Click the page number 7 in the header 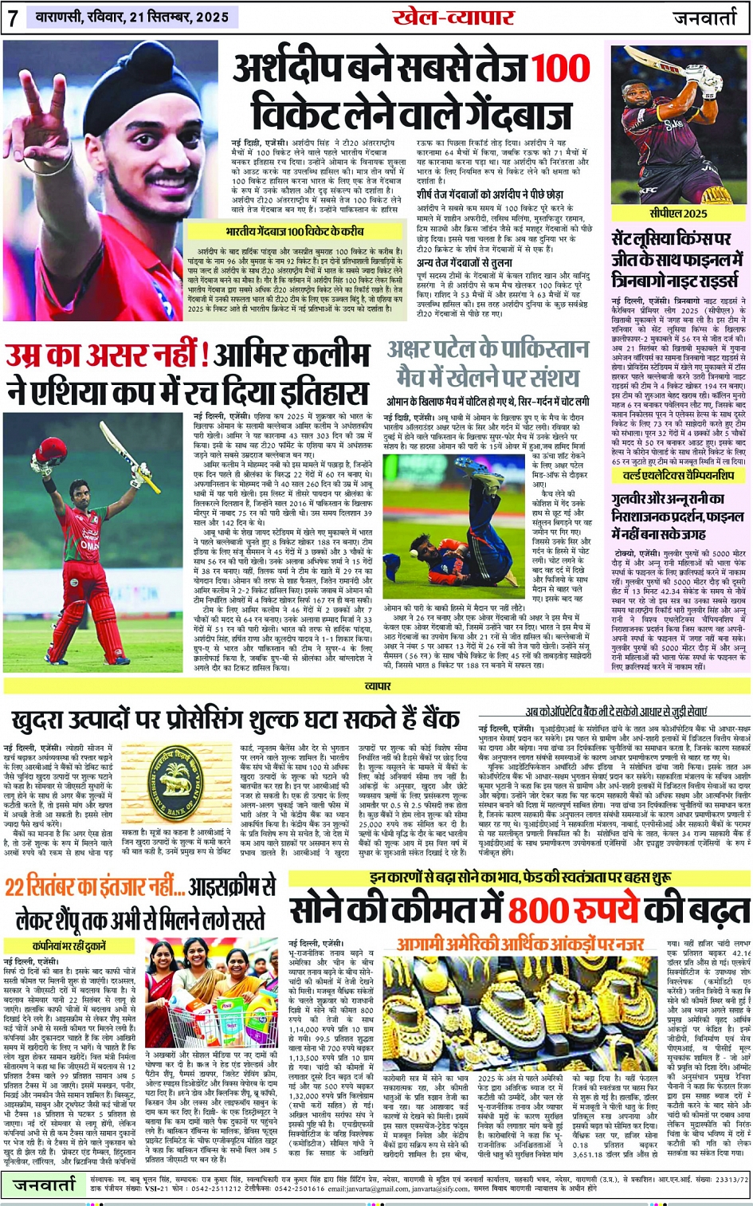click(13, 18)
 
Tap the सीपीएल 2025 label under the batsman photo click(677, 214)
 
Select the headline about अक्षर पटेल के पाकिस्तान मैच click(488, 363)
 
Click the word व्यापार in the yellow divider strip click(378, 685)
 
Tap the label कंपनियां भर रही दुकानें click(69, 945)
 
